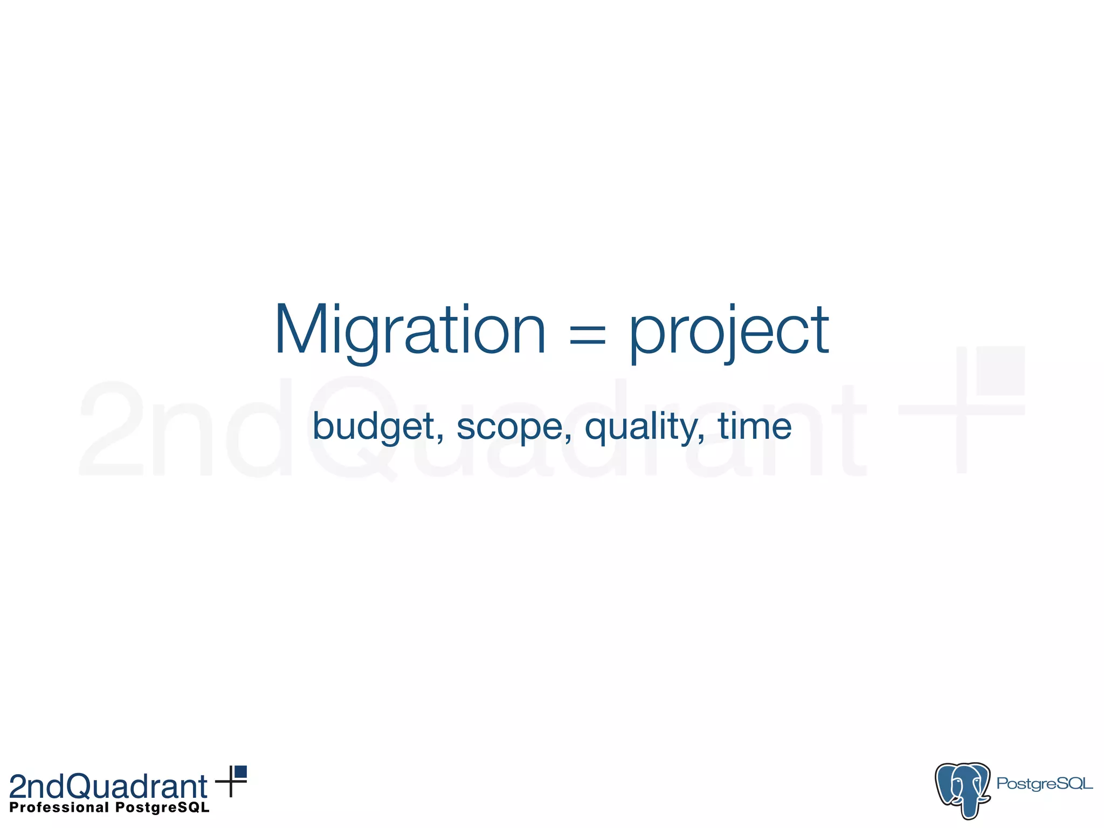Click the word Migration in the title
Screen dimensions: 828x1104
click(x=410, y=330)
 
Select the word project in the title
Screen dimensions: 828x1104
click(x=729, y=332)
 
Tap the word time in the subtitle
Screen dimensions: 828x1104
click(x=754, y=426)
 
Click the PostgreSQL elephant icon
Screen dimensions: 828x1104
click(x=962, y=789)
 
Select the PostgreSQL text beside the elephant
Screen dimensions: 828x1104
click(x=1044, y=784)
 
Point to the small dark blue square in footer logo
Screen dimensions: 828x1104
click(x=240, y=771)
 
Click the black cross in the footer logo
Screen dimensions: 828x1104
click(x=231, y=781)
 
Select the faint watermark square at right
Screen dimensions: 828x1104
click(x=1000, y=370)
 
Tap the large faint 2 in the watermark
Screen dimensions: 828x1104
click(x=111, y=429)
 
